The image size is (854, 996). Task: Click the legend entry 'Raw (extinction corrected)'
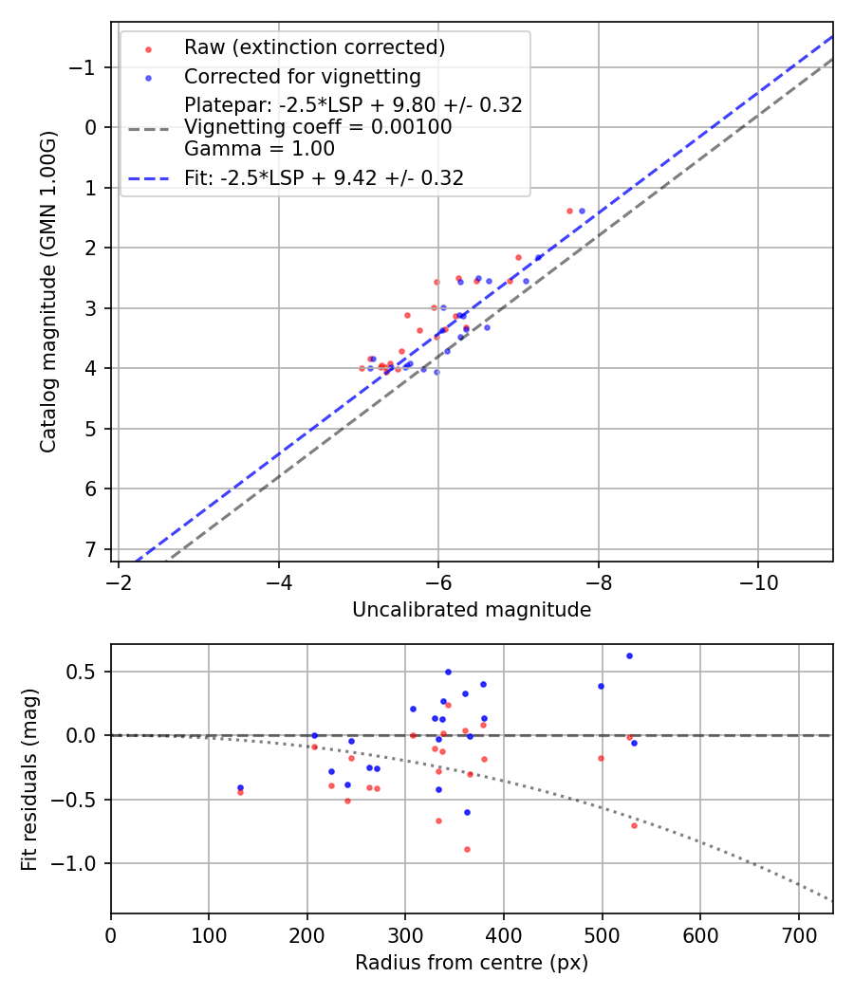[314, 47]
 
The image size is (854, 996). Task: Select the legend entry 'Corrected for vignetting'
[302, 77]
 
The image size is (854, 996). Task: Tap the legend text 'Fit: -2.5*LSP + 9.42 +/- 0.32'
[324, 178]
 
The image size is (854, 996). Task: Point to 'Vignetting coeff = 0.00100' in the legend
[318, 127]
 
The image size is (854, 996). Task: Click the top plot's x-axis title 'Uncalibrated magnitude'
[472, 610]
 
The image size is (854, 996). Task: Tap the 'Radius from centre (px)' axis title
[472, 963]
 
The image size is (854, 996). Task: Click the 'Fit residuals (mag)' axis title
[29, 779]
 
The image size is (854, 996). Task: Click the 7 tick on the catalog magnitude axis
[91, 549]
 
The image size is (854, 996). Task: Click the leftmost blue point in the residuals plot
[240, 787]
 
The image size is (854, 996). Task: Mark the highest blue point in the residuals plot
[629, 655]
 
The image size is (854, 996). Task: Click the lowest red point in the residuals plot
[467, 849]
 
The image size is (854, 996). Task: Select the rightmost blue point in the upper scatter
[582, 211]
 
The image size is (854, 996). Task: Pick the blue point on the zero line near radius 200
[314, 735]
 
